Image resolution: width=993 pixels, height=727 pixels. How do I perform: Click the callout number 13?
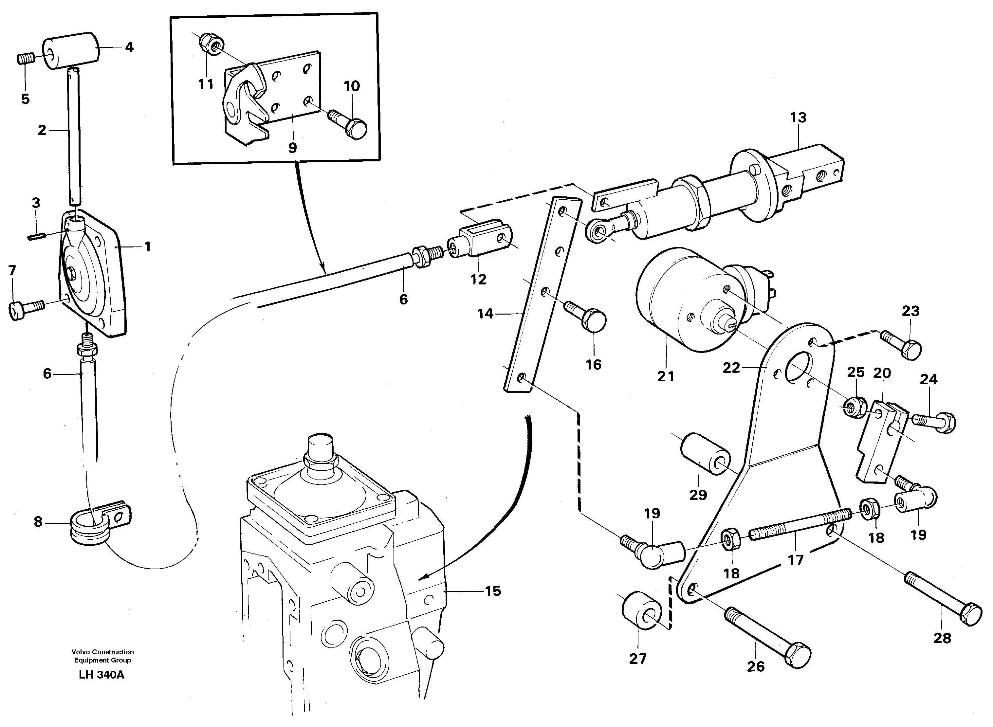point(798,118)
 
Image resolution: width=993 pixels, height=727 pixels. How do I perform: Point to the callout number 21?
point(666,376)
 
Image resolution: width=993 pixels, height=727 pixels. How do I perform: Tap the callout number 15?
point(493,591)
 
